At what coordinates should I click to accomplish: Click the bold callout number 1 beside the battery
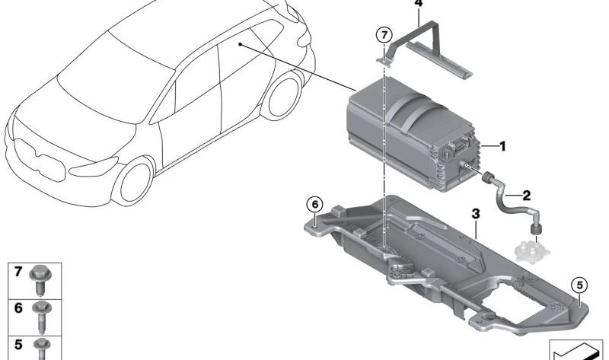[x=502, y=145]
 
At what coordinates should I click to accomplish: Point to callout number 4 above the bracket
[x=417, y=4]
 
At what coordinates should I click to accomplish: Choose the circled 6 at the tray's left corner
[x=314, y=203]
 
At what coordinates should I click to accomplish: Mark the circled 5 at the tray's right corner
[x=579, y=285]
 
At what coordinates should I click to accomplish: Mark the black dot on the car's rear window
[x=241, y=45]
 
